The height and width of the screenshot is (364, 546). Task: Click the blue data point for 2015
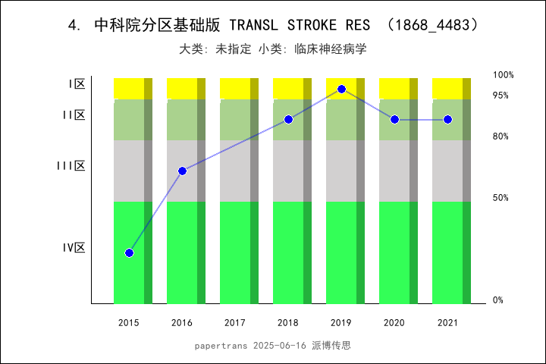[x=129, y=253]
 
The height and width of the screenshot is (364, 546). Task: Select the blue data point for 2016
[x=182, y=171]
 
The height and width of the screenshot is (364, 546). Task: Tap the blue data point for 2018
[x=288, y=120]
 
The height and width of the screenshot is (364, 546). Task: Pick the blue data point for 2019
[x=341, y=89]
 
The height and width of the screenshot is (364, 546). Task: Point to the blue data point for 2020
[x=394, y=120]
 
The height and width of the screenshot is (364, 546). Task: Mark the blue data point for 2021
[x=447, y=120]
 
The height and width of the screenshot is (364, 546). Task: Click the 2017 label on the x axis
[x=235, y=323]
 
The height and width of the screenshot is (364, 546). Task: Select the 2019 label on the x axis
[x=341, y=323]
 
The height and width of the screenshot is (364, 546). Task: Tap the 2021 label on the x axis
[x=447, y=323]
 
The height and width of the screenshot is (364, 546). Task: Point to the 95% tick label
[x=500, y=96]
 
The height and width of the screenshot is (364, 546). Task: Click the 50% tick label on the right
[x=500, y=198]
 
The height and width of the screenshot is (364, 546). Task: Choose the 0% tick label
[x=498, y=300]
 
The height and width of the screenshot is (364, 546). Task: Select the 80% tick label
[x=500, y=136]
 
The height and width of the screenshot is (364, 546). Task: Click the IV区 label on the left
[x=74, y=247]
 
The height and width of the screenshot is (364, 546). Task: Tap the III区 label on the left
[x=71, y=165]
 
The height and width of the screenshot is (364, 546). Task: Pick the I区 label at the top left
[x=77, y=84]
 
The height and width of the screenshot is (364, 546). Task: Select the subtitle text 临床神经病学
[x=334, y=49]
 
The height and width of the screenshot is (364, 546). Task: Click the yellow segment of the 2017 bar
[x=235, y=88]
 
